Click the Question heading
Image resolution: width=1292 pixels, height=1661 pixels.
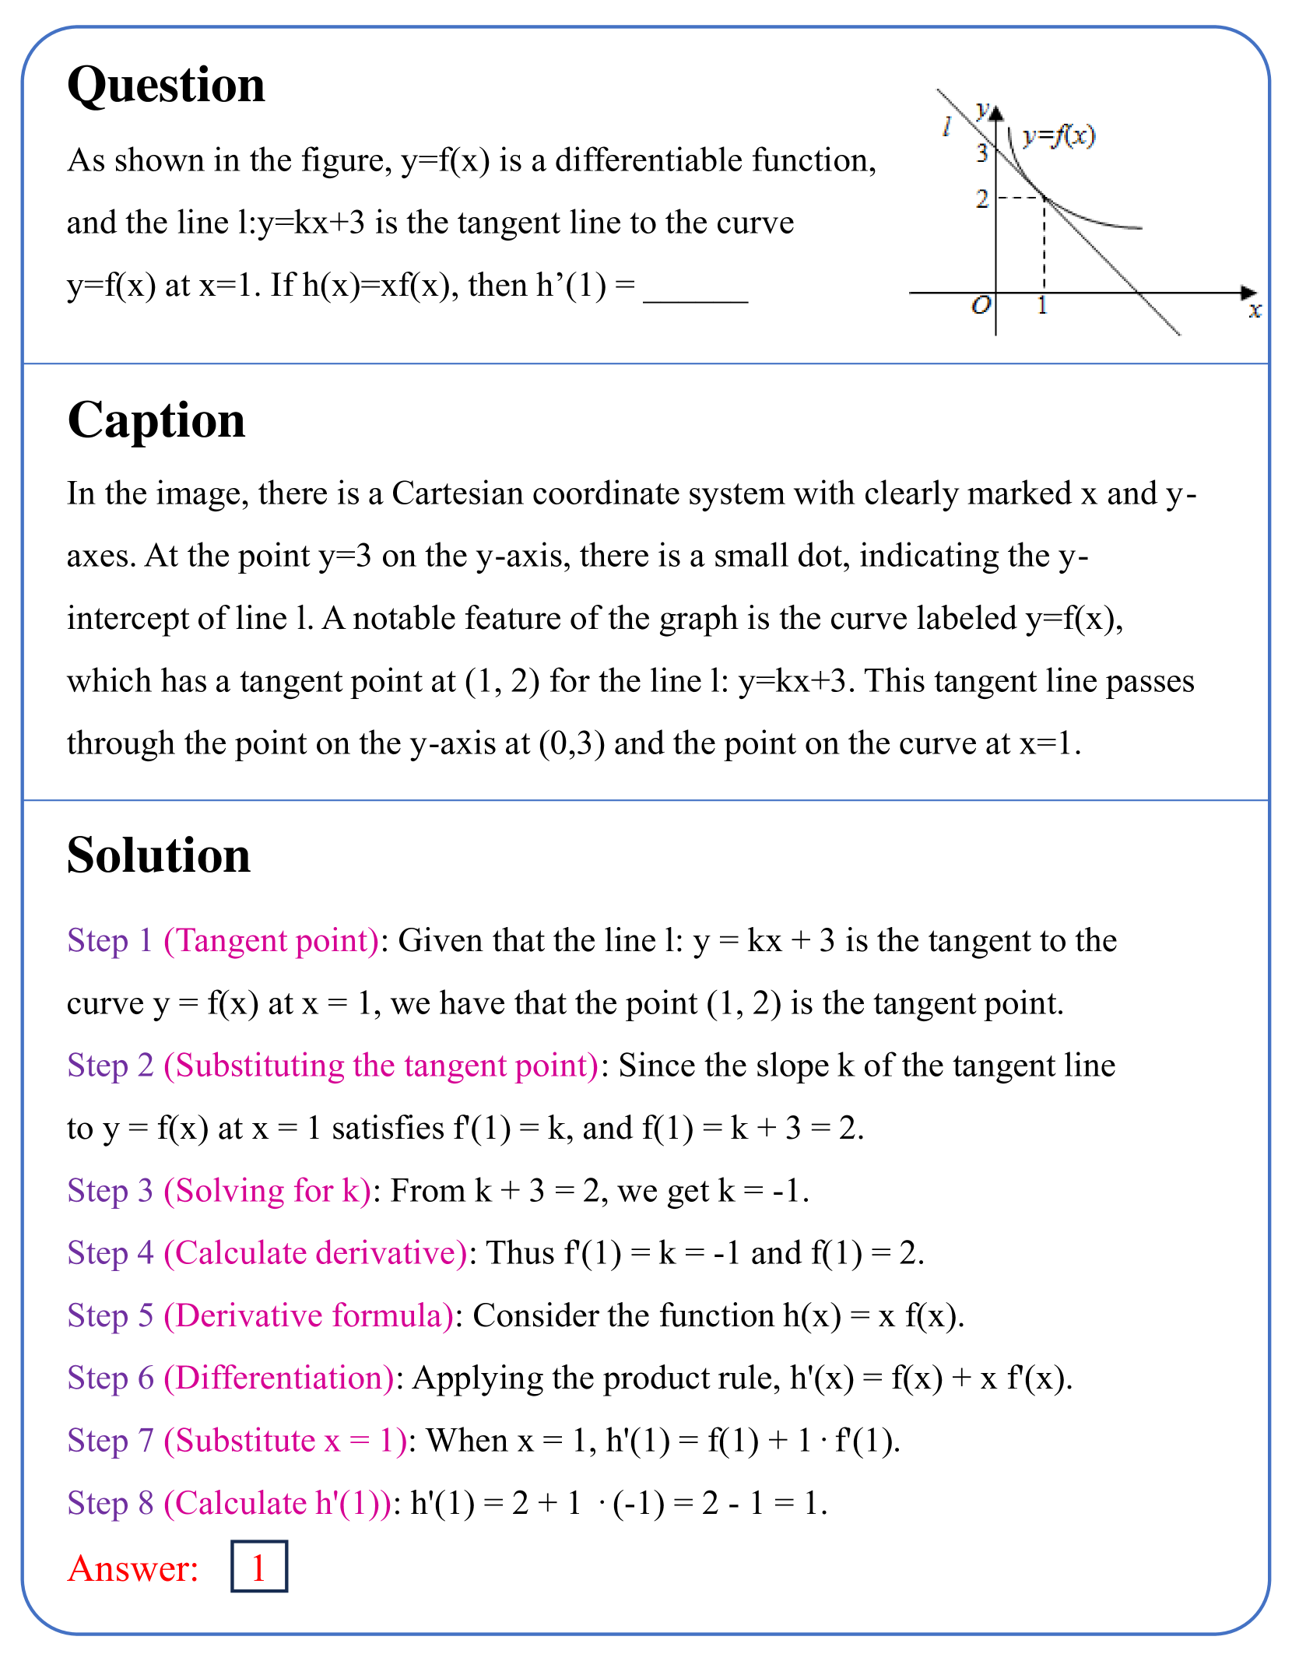coord(166,85)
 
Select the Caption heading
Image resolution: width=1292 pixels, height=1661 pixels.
coord(156,420)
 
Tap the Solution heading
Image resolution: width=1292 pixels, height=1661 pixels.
coord(159,855)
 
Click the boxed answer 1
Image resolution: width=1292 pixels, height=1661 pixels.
coord(259,1567)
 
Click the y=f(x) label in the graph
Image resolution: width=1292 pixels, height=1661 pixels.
coord(1059,136)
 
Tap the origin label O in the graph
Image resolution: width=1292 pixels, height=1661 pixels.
coord(981,304)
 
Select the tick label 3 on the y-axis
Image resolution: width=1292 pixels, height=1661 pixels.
coord(982,153)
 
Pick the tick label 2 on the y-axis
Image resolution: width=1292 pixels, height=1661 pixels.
coord(982,199)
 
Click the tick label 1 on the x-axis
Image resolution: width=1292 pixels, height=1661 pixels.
coord(1042,305)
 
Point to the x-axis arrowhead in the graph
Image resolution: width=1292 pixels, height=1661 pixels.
coord(1248,293)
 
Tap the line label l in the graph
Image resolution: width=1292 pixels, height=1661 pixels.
coord(946,126)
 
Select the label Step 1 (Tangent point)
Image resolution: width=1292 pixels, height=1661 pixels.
coord(223,940)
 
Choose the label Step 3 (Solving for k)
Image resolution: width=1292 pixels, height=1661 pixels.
coord(219,1191)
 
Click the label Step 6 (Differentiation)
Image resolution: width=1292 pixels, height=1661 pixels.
coord(230,1378)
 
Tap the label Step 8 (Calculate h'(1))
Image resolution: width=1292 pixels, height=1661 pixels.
coord(229,1504)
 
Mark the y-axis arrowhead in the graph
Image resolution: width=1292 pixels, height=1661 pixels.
coord(996,111)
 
